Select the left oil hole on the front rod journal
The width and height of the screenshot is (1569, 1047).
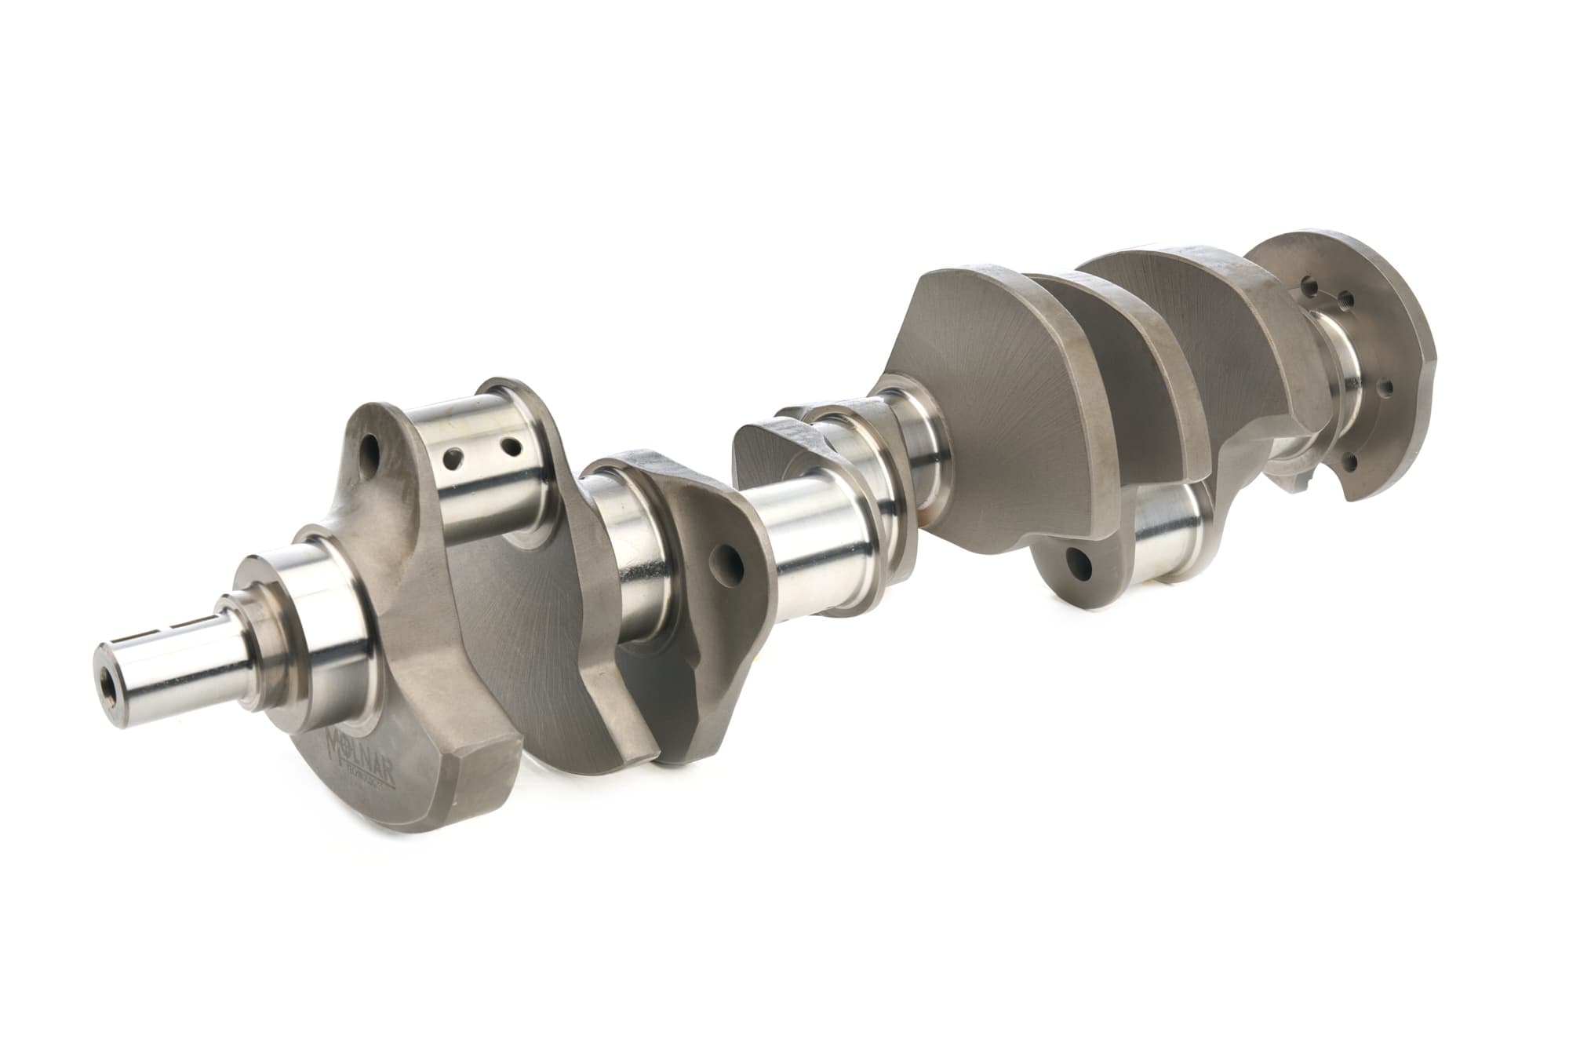click(x=453, y=454)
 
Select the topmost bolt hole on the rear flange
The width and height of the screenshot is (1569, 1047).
click(x=1308, y=281)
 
